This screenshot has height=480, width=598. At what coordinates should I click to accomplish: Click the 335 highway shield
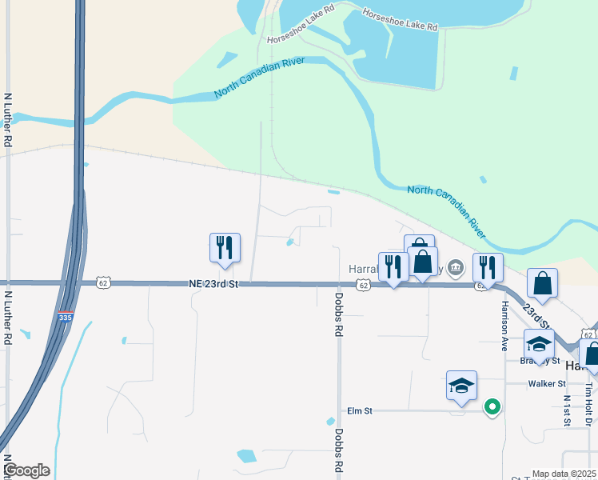66,318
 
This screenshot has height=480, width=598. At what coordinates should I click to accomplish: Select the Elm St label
360,411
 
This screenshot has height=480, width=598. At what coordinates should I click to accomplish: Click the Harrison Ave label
504,326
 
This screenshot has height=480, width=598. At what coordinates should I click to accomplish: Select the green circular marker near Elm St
492,407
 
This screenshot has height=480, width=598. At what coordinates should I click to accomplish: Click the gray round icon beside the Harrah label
456,267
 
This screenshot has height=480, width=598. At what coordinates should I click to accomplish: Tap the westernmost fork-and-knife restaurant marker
225,248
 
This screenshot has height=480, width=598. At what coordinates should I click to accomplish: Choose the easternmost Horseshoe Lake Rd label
400,20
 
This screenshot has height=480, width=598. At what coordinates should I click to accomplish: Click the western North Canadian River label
260,78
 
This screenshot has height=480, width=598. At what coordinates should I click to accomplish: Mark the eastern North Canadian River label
446,210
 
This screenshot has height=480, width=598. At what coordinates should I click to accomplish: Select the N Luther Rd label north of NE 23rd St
8,119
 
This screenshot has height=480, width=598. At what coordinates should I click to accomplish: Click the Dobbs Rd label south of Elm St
340,449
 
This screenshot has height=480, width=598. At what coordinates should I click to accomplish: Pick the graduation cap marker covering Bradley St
539,346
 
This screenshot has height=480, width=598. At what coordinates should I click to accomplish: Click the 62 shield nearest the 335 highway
102,283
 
